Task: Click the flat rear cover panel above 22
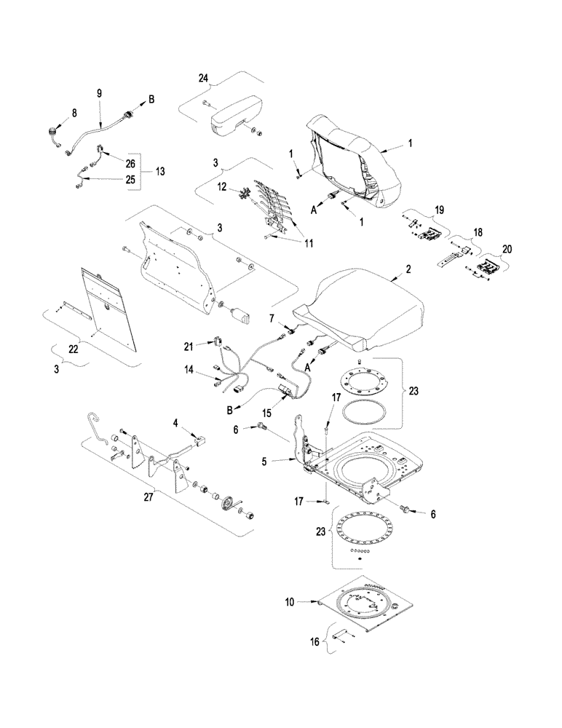point(108,309)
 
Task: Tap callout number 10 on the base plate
point(289,602)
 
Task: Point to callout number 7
point(271,318)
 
